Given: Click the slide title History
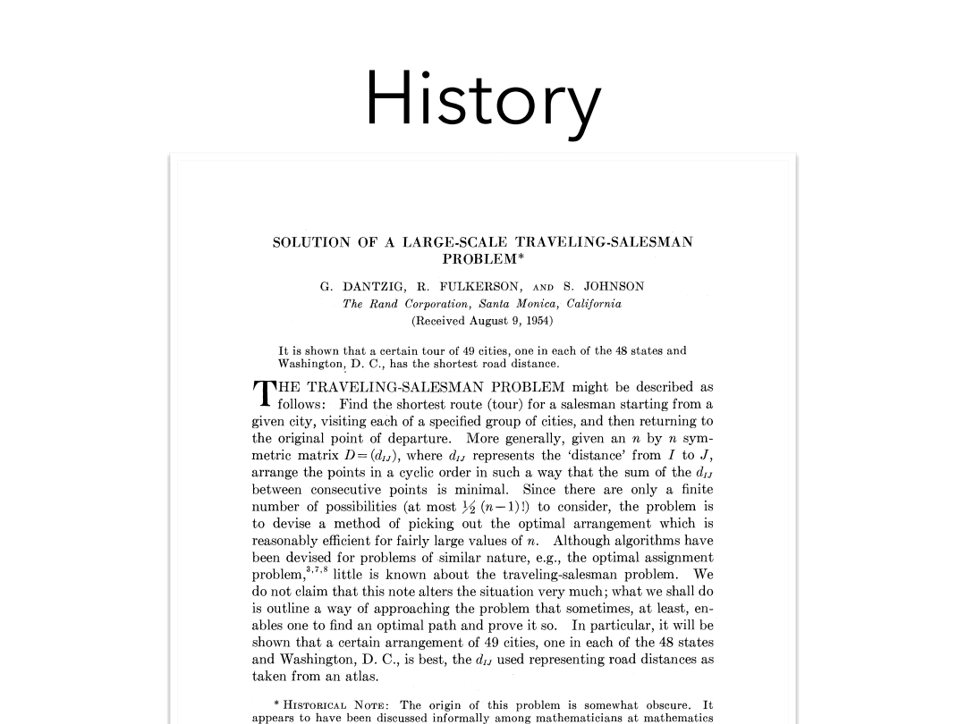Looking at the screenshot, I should tap(482, 100).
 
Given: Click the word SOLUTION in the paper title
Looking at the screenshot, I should tap(311, 242).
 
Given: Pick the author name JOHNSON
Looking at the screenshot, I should tap(614, 287).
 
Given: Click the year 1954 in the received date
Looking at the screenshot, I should tap(538, 319).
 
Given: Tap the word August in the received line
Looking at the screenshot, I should tap(493, 319).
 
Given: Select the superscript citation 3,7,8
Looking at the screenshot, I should tap(317, 568).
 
